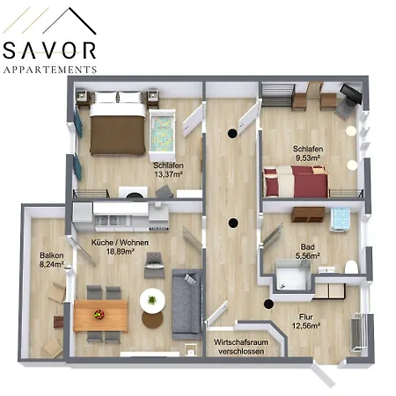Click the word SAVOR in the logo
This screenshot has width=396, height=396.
[x=49, y=49]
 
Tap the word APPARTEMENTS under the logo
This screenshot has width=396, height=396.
[x=49, y=69]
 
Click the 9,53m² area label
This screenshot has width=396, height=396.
[x=307, y=155]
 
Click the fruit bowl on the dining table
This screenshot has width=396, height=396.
[x=99, y=312]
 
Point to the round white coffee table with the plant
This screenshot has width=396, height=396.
[x=152, y=301]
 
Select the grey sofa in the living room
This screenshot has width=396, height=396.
[x=186, y=304]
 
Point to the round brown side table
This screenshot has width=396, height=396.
[x=152, y=319]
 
